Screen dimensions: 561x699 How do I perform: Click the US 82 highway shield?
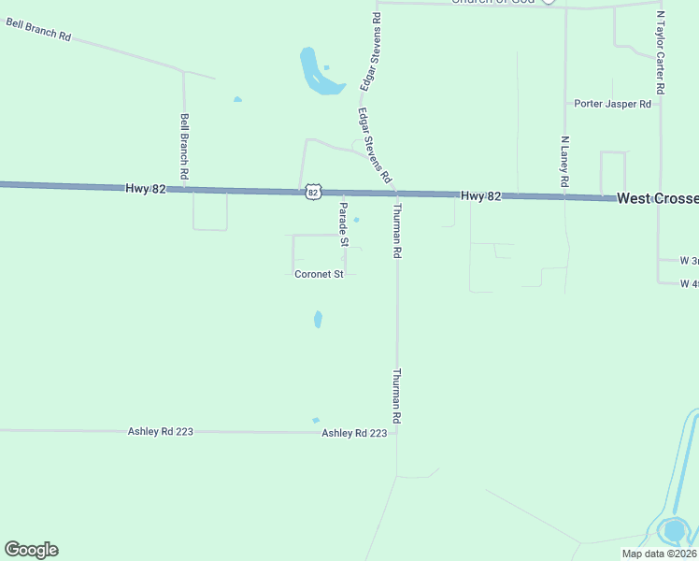point(313,192)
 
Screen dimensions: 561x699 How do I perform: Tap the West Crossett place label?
point(657,198)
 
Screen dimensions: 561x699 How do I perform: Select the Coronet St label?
point(320,274)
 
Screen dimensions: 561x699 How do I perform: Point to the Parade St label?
point(343,223)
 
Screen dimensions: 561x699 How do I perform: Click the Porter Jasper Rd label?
point(612,104)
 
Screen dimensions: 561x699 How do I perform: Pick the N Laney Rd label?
point(564,163)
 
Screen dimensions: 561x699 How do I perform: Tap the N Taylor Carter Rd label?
point(660,52)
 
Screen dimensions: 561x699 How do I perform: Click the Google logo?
point(31,550)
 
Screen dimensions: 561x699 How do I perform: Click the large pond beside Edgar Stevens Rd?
point(315,73)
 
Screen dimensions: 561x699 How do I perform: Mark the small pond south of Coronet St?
point(318,319)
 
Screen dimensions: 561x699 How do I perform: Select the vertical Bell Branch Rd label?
point(185,146)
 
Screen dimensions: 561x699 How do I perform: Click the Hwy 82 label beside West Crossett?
point(480,195)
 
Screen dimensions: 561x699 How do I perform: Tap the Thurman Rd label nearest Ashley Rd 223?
point(396,397)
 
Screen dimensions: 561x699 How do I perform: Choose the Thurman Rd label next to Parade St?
point(396,230)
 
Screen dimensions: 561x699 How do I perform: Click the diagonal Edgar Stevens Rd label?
point(373,145)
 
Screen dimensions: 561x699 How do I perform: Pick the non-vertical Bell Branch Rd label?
point(38,29)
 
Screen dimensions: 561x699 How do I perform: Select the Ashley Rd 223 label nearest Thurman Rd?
point(354,433)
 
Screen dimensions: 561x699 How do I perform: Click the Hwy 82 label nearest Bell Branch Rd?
point(145,188)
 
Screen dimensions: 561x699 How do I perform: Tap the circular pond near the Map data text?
point(674,531)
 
